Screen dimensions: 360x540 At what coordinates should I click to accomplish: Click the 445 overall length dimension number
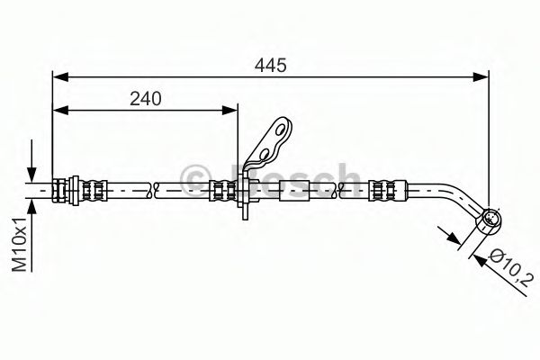pyautogui.click(x=267, y=66)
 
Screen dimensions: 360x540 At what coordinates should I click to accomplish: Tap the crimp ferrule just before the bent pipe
pyautogui.click(x=385, y=189)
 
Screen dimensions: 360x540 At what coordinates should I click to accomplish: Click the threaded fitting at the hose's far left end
pyautogui.click(x=63, y=189)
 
